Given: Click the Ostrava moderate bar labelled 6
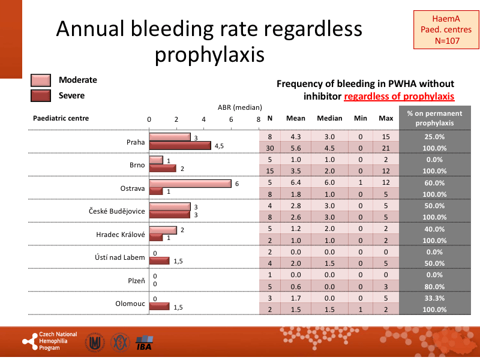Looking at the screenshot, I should tap(190, 184).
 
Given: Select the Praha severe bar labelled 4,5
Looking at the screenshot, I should tap(180, 145).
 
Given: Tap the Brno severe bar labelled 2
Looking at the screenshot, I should tap(163, 168).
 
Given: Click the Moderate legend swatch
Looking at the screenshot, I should tap(41, 80).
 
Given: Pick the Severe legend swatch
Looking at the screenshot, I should tap(41, 95).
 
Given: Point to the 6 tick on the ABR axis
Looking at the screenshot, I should tap(231, 119).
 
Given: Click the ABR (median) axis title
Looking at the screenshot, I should tap(239, 107).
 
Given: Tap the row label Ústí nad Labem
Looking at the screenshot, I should tap(120, 257).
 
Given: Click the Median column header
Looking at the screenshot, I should tap(329, 118).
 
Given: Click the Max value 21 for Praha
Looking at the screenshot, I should tap(386, 148).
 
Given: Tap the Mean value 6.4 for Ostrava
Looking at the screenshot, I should tap(295, 183).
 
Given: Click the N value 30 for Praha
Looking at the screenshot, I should tap(269, 148).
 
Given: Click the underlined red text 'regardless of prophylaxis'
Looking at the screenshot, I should tap(399, 96).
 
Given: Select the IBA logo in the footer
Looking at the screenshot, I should tap(144, 343).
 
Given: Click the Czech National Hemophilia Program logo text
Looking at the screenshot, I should tap(58, 341).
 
